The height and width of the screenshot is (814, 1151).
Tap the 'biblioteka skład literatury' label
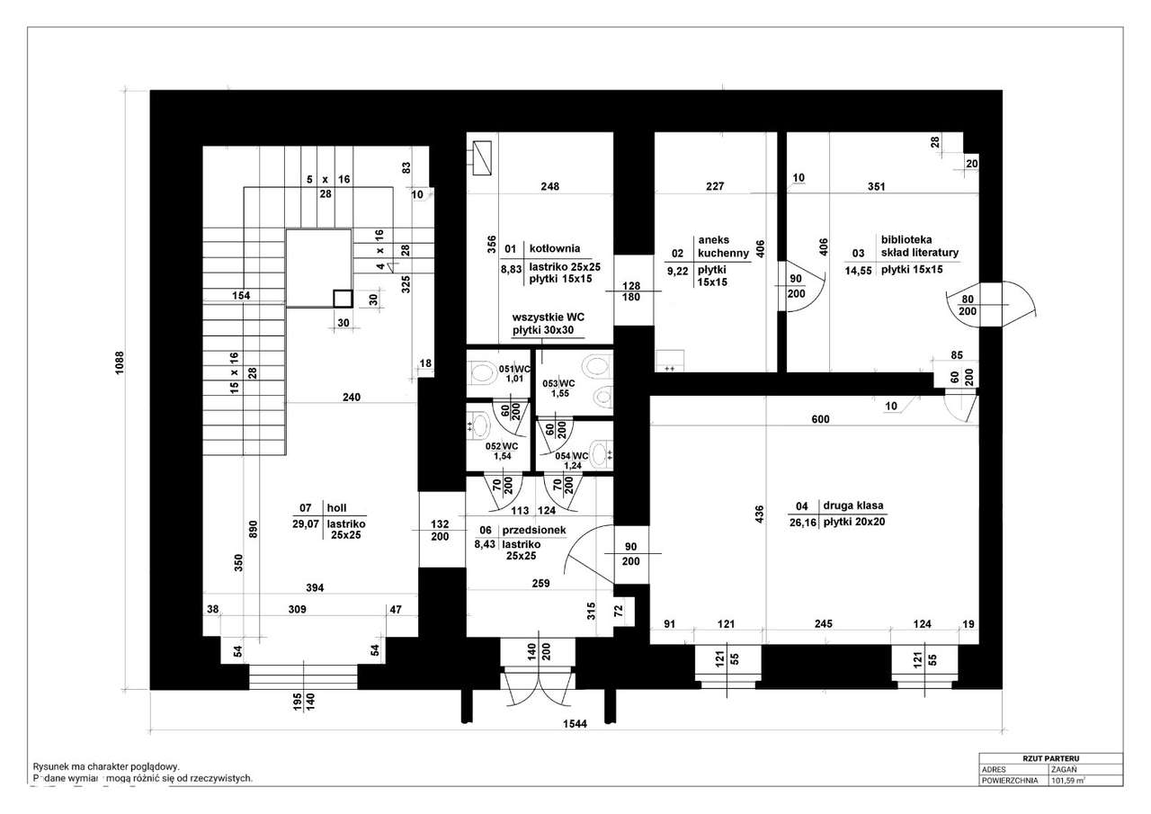click(x=920, y=246)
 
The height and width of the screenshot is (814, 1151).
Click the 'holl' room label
click(x=336, y=506)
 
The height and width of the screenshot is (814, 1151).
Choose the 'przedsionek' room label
click(x=534, y=531)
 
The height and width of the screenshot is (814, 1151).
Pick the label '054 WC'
click(x=571, y=456)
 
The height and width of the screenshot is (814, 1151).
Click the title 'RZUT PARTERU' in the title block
click(x=1049, y=758)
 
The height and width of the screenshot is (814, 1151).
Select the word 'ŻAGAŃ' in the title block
click(x=1063, y=770)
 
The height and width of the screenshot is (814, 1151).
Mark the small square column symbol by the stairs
click(x=342, y=299)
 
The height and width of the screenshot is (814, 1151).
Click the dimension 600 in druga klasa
click(x=819, y=419)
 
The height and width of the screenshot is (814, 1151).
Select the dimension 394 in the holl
click(x=314, y=587)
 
